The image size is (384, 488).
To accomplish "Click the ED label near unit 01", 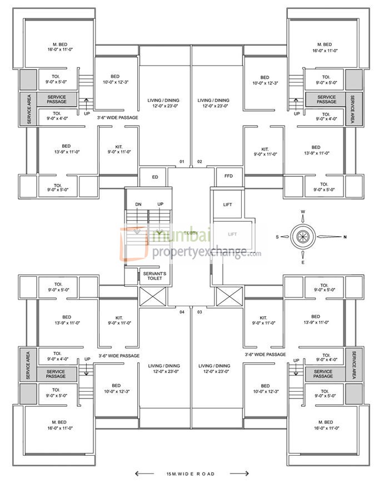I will click(x=155, y=177).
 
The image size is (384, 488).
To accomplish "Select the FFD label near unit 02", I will click(x=228, y=177).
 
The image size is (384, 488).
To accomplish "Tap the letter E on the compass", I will click(x=303, y=262).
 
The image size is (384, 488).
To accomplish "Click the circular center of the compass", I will click(x=303, y=236).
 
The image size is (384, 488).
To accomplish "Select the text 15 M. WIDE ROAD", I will click(x=191, y=474).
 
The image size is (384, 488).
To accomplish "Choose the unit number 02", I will click(x=200, y=162).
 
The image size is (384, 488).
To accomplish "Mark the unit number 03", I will click(x=200, y=312).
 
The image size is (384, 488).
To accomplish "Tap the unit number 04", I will click(x=182, y=312).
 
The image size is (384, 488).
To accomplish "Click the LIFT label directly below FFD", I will click(x=228, y=205).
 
